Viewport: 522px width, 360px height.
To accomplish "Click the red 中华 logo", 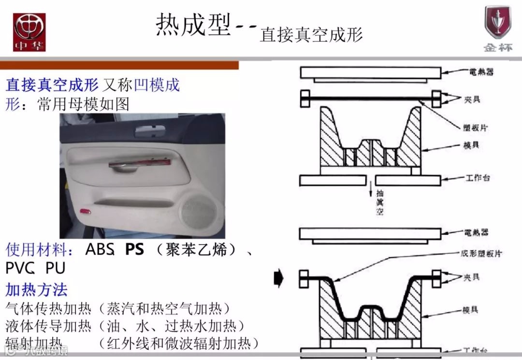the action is coord(29,32).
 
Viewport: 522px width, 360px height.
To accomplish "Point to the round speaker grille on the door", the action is coord(199,212).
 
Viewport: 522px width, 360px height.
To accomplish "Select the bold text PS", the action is coord(134,250).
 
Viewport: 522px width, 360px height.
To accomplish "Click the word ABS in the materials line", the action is coord(99,250).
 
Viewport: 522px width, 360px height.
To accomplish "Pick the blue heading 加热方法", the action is coord(36,290).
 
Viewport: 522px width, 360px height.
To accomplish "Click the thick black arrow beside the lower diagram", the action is coord(279,278).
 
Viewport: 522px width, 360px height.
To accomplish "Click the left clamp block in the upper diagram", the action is coord(305,99).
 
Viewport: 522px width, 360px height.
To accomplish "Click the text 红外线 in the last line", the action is coord(126,344).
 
